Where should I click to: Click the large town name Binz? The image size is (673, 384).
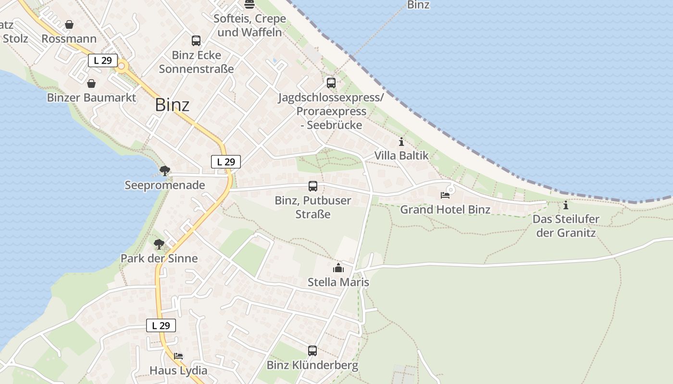tap(172, 105)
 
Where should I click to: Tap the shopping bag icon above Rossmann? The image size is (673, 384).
tap(69, 24)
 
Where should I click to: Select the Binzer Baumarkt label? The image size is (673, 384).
tap(91, 98)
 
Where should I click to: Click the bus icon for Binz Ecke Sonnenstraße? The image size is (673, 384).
tap(196, 41)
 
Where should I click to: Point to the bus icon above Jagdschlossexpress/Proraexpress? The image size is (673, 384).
tap(331, 83)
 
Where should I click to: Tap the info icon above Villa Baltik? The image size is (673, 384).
tap(401, 142)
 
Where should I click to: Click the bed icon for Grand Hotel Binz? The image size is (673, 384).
tap(445, 195)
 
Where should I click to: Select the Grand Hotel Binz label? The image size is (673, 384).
tap(445, 209)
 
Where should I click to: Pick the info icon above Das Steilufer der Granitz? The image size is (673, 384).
tap(566, 205)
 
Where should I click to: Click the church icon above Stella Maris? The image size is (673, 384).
tap(338, 268)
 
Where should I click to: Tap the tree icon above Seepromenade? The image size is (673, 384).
tap(165, 170)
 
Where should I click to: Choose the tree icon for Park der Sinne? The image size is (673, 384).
tap(159, 244)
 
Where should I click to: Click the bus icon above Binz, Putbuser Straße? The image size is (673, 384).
tap(313, 186)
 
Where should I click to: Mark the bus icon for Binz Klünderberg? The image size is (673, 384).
tap(312, 351)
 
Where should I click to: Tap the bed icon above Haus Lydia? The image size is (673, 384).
tap(178, 356)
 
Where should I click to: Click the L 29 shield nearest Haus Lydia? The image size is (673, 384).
tap(161, 325)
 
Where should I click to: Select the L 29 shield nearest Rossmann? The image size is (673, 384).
tap(103, 60)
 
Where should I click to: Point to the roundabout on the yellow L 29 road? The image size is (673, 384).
tap(122, 66)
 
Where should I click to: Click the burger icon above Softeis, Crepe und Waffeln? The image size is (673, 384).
tap(249, 5)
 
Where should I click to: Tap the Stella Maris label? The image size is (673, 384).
tap(338, 282)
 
